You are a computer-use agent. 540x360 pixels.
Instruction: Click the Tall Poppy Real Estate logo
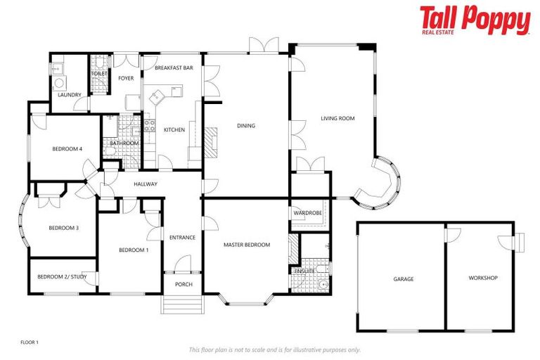[x=475, y=21]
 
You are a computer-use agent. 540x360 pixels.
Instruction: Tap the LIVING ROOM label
[x=337, y=119]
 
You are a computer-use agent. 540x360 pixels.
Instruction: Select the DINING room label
[x=246, y=126]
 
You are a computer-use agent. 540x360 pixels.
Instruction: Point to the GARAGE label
[x=403, y=279]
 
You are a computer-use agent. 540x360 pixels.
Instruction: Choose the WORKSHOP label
[x=483, y=278]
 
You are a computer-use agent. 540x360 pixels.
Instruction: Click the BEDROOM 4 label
[x=67, y=149]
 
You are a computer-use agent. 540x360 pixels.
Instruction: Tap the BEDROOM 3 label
[x=63, y=228]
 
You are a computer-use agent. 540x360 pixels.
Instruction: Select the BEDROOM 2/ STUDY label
[x=61, y=277]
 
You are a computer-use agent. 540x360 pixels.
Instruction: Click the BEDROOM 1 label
[x=133, y=250]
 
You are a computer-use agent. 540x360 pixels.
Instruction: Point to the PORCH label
[x=183, y=284]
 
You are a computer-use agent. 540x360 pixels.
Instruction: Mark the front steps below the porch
[x=182, y=304]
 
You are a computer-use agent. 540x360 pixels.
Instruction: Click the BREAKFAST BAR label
[x=174, y=68]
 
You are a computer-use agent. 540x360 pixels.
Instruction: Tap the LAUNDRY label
[x=69, y=95]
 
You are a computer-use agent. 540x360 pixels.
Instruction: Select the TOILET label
[x=100, y=72]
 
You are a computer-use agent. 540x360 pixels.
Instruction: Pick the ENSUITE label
[x=304, y=270]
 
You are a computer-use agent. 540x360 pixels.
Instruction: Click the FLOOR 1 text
[x=30, y=342]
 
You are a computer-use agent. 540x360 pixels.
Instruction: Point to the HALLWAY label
[x=146, y=184]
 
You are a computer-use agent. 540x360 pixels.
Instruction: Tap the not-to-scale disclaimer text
[x=275, y=349]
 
